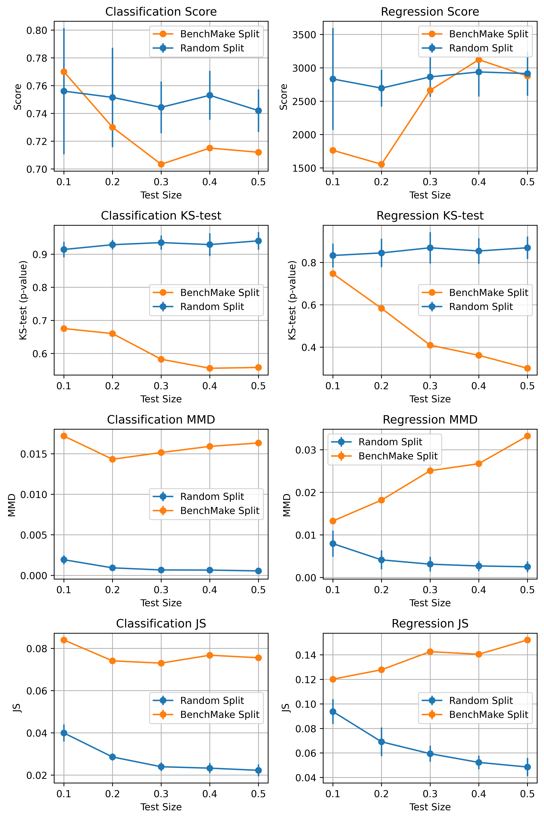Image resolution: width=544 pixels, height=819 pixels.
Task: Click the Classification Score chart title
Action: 161,12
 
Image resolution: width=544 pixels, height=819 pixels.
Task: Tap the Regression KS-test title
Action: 430,216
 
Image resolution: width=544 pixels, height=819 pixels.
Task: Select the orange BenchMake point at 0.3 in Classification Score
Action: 161,164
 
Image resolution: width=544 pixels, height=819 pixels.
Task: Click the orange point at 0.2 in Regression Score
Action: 381,164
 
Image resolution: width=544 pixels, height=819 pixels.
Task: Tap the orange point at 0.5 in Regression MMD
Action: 527,436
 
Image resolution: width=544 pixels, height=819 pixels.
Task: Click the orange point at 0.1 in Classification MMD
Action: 64,436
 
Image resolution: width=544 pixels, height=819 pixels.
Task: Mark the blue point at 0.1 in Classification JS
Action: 64,733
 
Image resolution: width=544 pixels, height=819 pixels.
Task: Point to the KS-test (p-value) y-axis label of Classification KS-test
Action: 23,300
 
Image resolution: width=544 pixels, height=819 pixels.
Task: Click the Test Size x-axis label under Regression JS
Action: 430,807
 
